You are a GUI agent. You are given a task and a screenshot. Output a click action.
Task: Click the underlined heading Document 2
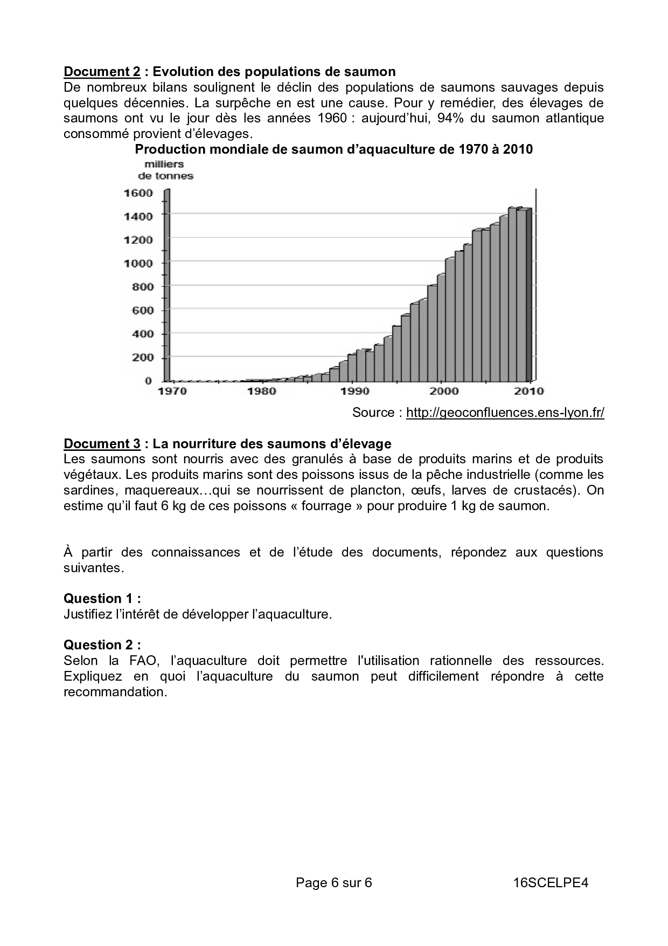[x=102, y=72]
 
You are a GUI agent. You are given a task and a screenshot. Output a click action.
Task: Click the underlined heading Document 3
[x=102, y=444]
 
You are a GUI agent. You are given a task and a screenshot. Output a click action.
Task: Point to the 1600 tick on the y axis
[x=138, y=193]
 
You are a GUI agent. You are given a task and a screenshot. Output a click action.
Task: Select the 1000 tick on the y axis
[x=138, y=263]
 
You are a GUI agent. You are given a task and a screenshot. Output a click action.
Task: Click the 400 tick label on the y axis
[x=142, y=334]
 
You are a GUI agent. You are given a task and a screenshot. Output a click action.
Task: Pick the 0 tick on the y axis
[x=148, y=381]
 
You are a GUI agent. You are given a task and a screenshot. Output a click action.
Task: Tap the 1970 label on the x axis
[x=172, y=391]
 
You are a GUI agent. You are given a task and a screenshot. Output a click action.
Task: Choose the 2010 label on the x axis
[x=530, y=391]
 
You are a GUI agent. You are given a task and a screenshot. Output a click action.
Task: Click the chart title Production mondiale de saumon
[x=333, y=149]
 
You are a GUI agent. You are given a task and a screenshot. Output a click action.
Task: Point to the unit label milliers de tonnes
[x=165, y=170]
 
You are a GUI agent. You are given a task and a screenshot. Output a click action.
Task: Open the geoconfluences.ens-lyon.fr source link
[x=505, y=413]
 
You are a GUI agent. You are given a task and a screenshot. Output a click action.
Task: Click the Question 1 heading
[x=102, y=599]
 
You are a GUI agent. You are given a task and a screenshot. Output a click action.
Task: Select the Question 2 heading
[x=102, y=645]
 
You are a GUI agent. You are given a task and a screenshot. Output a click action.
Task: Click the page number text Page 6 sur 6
[x=333, y=883]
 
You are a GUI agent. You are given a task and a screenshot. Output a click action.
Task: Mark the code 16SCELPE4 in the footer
[x=550, y=883]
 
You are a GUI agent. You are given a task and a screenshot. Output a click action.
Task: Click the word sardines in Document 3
[x=88, y=491]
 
